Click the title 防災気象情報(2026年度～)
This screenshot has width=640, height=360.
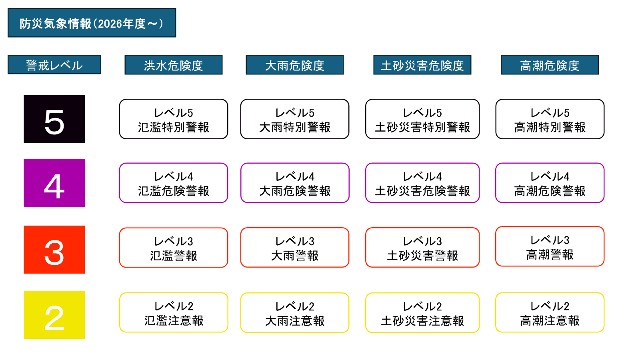click(x=92, y=23)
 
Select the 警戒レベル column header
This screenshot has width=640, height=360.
click(x=54, y=65)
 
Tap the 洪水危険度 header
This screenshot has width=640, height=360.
click(x=174, y=65)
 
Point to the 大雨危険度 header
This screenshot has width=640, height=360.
click(x=294, y=65)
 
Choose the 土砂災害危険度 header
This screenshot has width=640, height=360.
click(x=422, y=65)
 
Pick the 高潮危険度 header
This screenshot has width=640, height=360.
click(x=550, y=65)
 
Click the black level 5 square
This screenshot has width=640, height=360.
click(x=54, y=119)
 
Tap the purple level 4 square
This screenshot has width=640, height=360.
click(x=54, y=183)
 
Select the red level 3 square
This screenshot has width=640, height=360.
click(x=54, y=250)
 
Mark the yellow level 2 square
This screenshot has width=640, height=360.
click(x=54, y=315)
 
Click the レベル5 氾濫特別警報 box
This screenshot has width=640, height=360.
click(x=174, y=119)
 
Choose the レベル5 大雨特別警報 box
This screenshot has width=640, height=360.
click(x=295, y=119)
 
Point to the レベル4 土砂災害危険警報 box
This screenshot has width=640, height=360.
click(x=422, y=183)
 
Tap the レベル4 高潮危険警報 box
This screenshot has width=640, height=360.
click(x=550, y=183)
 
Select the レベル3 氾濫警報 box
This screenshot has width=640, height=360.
click(x=174, y=248)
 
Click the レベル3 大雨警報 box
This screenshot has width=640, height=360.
click(x=295, y=248)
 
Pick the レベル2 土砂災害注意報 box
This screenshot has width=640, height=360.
click(x=422, y=313)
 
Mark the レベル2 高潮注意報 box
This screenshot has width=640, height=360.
click(x=550, y=312)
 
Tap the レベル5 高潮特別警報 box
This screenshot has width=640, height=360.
click(x=550, y=119)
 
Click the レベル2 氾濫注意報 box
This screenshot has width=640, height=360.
click(x=174, y=312)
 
